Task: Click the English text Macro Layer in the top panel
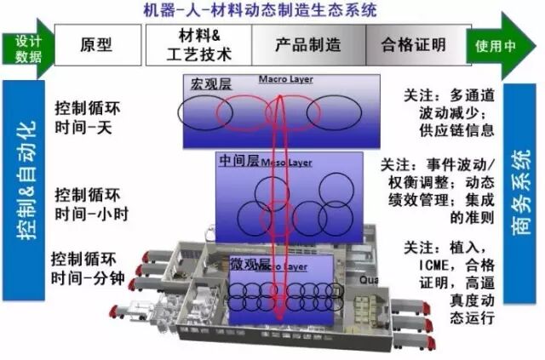coord(285,81)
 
